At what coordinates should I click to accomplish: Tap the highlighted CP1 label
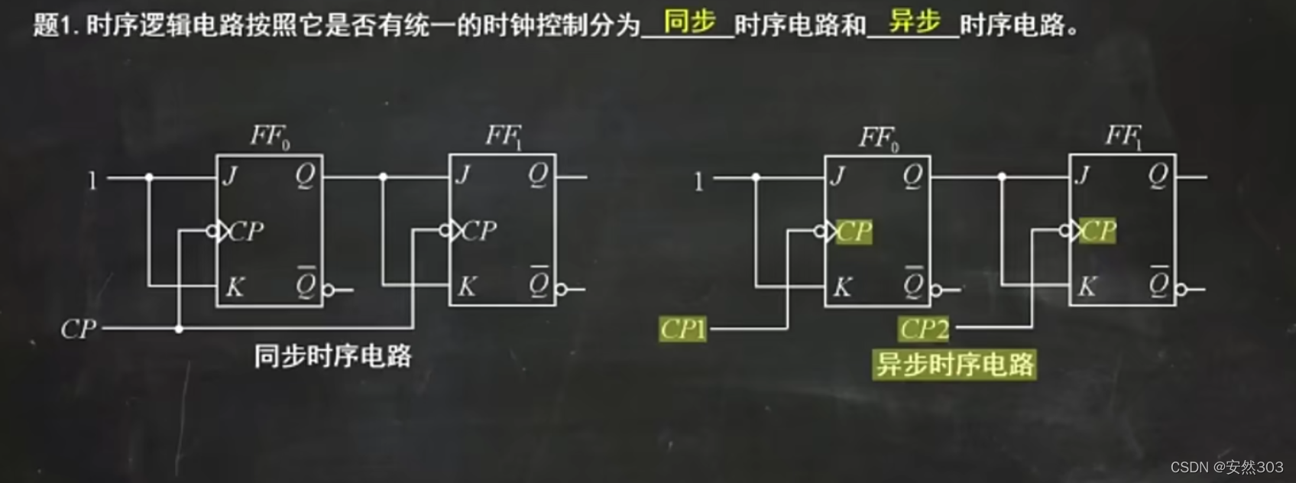(682, 329)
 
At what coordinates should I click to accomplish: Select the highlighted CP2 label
(924, 329)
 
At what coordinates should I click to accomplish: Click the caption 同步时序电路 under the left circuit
(332, 356)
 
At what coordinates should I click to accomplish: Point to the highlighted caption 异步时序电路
(954, 365)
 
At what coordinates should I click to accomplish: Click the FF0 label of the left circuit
(270, 137)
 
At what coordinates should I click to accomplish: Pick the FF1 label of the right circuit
(1123, 137)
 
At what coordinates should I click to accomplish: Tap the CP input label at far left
(78, 329)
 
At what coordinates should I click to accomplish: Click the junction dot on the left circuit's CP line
(179, 329)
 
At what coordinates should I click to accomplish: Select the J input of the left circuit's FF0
(230, 177)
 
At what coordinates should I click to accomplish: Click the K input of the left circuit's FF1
(466, 287)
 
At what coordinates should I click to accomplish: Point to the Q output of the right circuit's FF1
(1158, 177)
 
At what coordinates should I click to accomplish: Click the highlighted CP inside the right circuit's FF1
(1099, 230)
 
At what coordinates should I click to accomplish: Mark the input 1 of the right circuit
(698, 181)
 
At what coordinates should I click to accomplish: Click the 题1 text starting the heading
(56, 25)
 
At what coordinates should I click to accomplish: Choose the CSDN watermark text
(1226, 467)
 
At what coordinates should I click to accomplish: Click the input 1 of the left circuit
(92, 181)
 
